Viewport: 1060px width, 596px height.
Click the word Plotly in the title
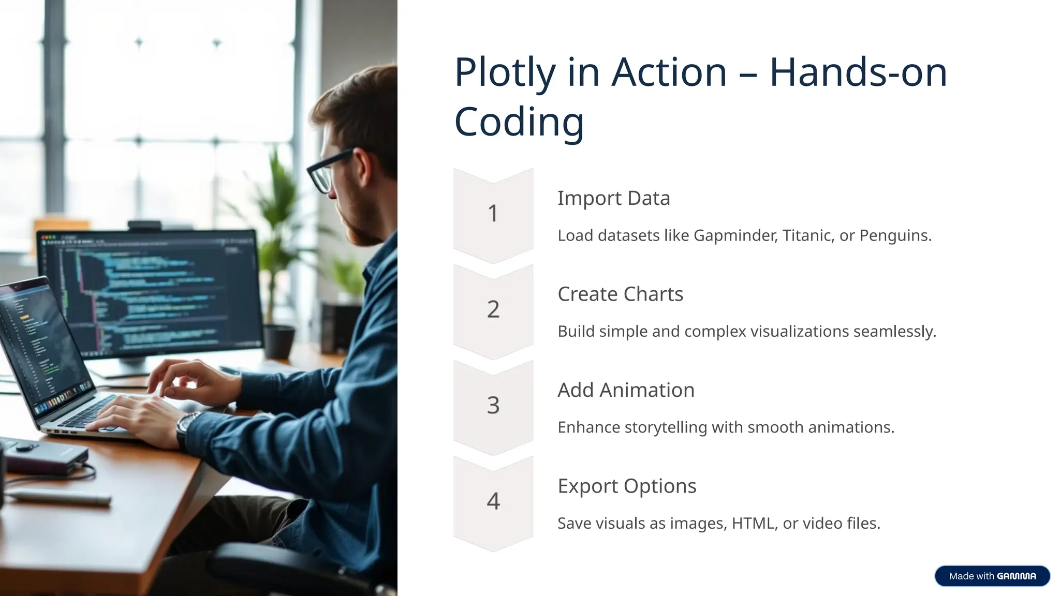click(x=505, y=72)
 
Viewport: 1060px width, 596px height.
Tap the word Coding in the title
click(x=519, y=122)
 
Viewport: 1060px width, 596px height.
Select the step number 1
click(x=493, y=213)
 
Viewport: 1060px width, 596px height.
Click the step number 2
click(x=493, y=309)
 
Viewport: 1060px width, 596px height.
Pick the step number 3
click(x=493, y=405)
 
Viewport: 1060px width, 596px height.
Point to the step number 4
click(x=493, y=501)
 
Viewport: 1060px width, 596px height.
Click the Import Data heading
click(x=613, y=198)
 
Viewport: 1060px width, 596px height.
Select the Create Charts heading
click(x=620, y=294)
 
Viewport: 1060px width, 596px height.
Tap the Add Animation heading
click(x=626, y=390)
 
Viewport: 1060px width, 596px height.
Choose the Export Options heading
click(x=627, y=486)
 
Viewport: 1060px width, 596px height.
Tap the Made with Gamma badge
click(x=992, y=576)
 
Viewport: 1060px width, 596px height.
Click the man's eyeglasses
click(x=326, y=171)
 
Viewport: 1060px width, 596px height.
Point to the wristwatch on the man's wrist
click(x=186, y=427)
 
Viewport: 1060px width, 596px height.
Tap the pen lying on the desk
click(x=60, y=497)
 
